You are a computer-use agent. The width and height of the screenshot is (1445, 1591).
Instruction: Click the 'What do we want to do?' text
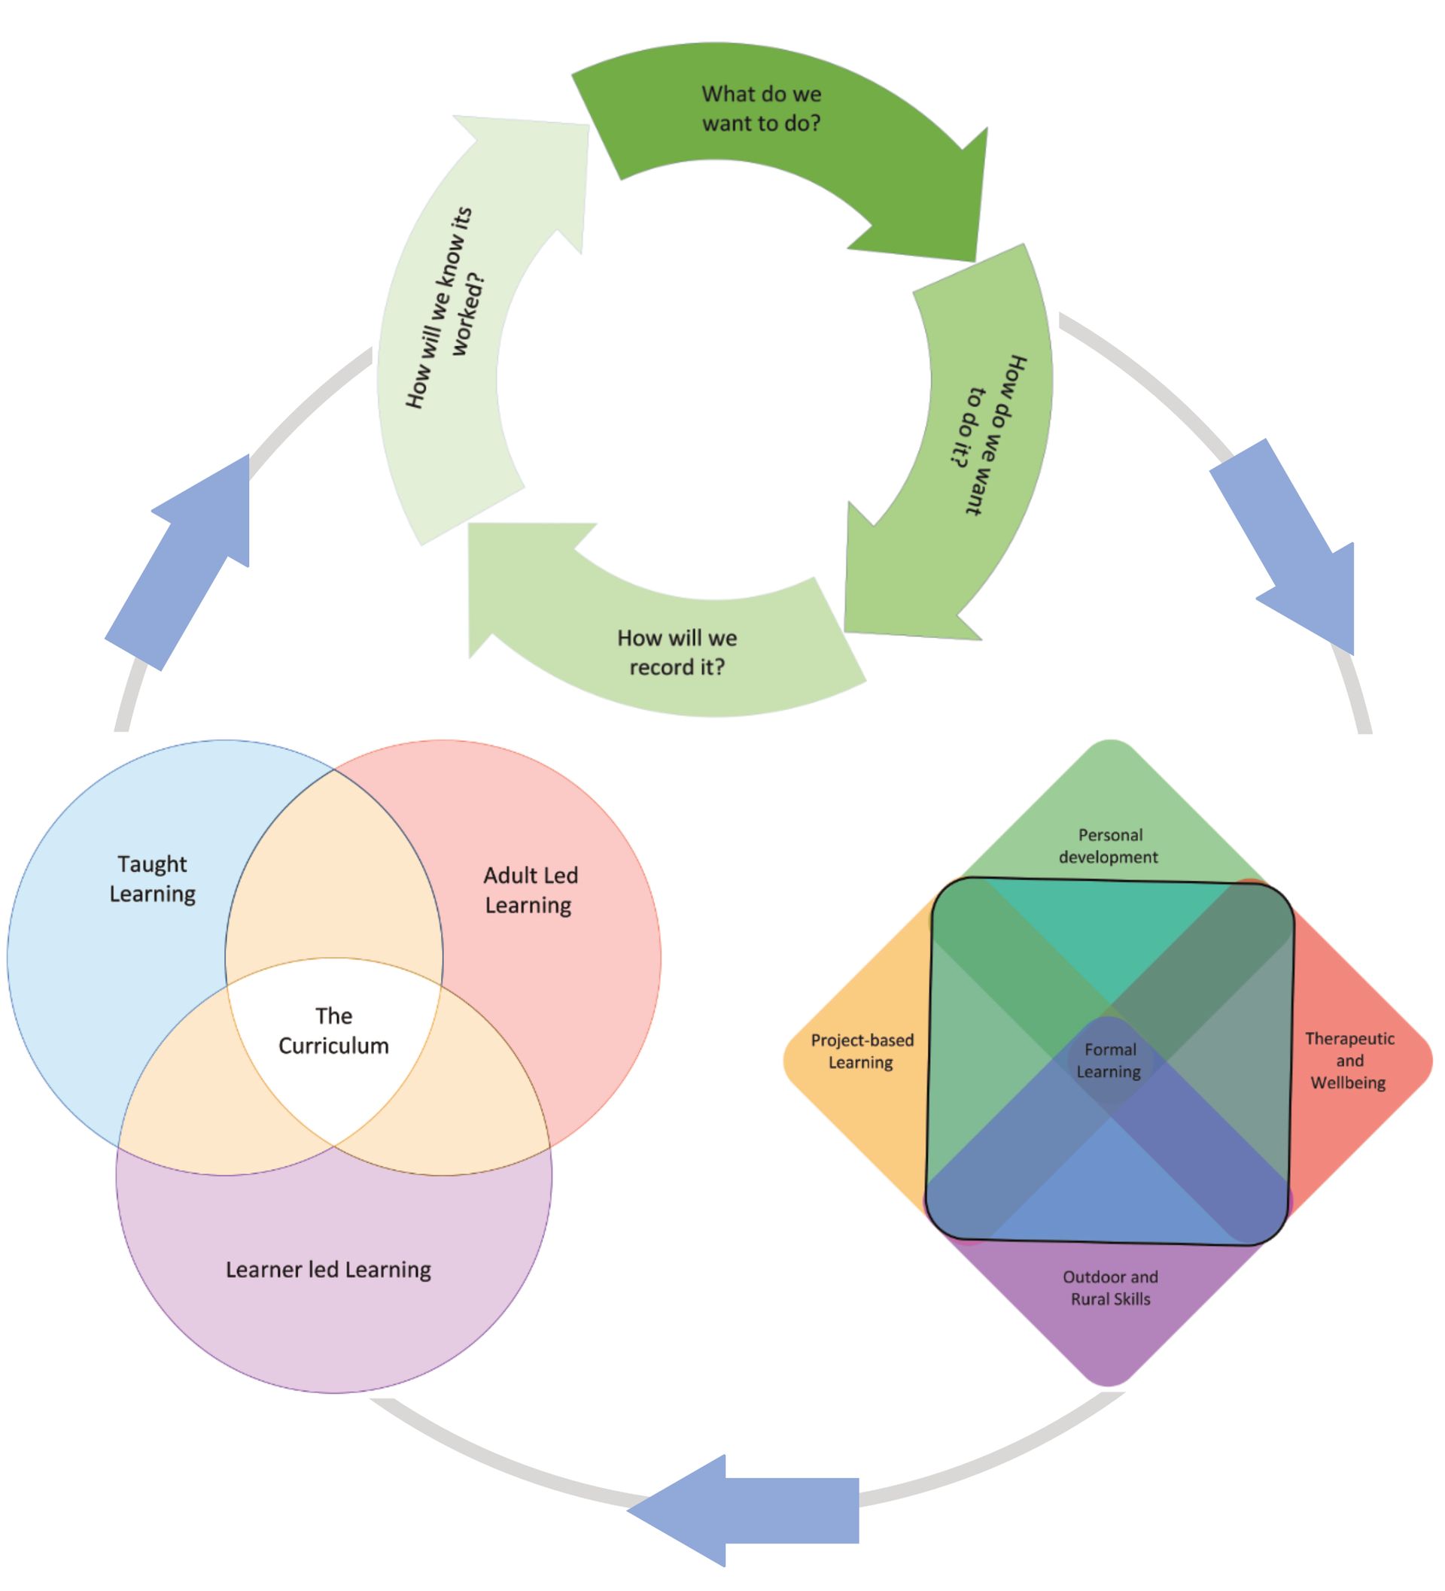[761, 109]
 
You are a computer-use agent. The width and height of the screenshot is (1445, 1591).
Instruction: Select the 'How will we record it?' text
[677, 652]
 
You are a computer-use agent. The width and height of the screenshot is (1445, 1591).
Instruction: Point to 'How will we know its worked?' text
[446, 308]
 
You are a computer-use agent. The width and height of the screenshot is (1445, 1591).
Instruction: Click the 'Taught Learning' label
[152, 879]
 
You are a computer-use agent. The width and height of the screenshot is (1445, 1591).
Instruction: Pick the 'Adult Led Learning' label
[530, 889]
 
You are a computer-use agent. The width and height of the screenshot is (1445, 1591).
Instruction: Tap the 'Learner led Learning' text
[328, 1269]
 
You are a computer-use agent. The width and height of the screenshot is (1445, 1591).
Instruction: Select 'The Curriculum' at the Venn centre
[333, 1030]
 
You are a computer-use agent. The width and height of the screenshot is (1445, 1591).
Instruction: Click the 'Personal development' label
[1109, 846]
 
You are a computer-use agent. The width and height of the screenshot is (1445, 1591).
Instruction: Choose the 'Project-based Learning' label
[862, 1050]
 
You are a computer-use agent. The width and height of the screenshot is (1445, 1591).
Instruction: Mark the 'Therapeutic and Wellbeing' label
[1349, 1060]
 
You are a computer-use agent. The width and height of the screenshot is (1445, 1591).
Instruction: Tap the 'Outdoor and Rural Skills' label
[1109, 1287]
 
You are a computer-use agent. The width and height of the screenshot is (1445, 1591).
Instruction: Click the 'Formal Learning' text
[1109, 1060]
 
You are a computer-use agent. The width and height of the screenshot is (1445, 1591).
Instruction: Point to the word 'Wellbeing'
[1348, 1082]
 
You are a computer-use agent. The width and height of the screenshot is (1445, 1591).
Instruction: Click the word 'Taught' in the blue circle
[152, 864]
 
